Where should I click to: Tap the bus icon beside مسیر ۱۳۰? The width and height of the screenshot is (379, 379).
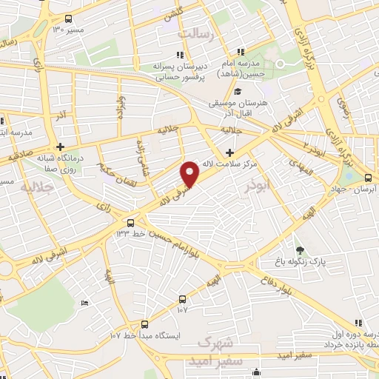(69, 19)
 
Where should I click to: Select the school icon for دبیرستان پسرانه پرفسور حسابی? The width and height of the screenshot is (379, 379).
(178, 54)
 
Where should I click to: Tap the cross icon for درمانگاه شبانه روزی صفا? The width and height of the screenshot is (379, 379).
(61, 147)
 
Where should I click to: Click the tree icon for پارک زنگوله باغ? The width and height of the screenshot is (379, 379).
(299, 249)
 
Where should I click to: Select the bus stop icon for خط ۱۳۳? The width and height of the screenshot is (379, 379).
(131, 222)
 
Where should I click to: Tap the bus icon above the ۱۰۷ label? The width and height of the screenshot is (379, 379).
(183, 299)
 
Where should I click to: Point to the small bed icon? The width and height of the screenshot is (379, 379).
(84, 303)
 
